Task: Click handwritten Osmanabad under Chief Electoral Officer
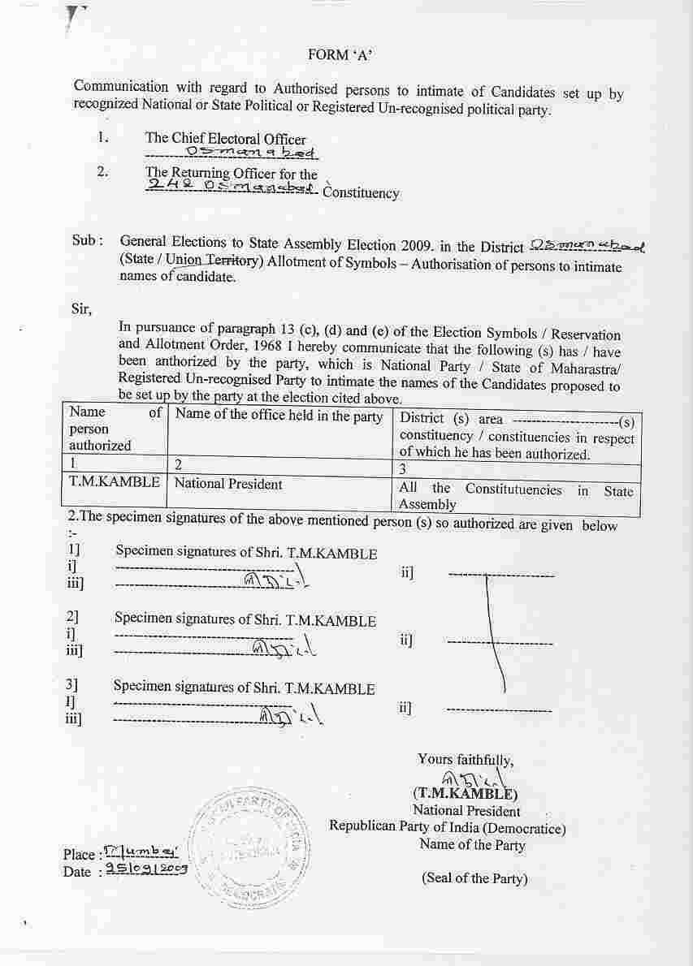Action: (x=251, y=153)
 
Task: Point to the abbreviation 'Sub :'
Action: (x=88, y=241)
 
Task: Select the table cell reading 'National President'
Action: (x=228, y=485)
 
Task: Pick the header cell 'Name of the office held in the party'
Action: (x=279, y=417)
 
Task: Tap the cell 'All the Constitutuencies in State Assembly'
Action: (x=515, y=496)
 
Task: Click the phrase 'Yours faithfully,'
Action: (x=466, y=760)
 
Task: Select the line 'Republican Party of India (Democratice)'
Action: (x=448, y=828)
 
